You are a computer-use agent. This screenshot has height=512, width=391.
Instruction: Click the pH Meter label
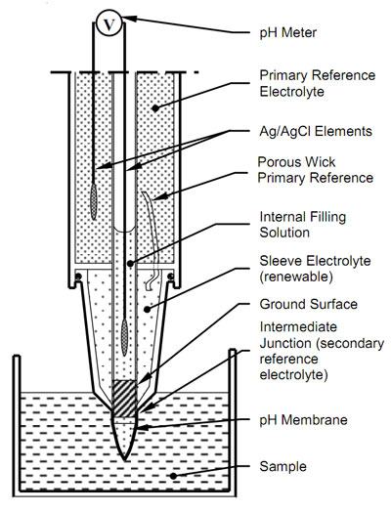[x=287, y=32]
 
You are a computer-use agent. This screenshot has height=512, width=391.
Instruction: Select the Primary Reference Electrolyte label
[x=317, y=83]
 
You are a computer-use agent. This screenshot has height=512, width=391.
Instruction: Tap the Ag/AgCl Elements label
[x=316, y=131]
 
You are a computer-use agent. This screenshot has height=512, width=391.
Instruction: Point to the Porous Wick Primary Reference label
[x=315, y=170]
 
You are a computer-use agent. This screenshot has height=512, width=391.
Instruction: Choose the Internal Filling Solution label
[x=302, y=225]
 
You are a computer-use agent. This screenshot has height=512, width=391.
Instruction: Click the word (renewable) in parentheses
[x=296, y=277]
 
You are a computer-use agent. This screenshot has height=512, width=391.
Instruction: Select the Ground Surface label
[x=308, y=304]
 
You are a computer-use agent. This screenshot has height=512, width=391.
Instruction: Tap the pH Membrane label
[x=303, y=419]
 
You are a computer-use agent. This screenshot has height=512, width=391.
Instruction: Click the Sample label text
[x=282, y=466]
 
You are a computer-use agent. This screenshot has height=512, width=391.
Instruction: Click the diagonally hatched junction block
[x=124, y=399]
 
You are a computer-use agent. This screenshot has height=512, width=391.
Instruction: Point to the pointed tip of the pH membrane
[x=124, y=460]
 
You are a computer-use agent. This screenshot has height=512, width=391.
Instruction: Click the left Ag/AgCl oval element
[x=94, y=202]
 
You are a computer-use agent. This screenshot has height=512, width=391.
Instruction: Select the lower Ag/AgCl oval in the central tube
[x=124, y=338]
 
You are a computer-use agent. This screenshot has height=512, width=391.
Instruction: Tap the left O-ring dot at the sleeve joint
[x=78, y=277]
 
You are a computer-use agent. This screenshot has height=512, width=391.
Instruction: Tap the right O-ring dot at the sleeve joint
[x=170, y=277]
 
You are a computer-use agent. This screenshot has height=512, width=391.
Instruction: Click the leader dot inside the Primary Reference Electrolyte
[x=155, y=108]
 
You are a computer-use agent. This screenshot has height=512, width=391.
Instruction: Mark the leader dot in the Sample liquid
[x=173, y=476]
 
